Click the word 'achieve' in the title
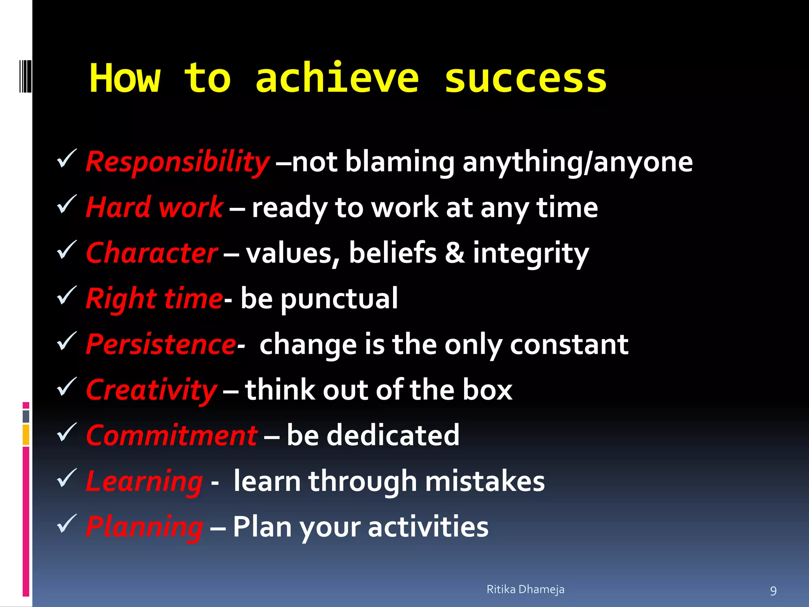(337, 78)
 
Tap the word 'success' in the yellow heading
(525, 79)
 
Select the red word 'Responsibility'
(177, 162)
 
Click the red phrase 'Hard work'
(154, 207)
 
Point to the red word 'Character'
(152, 253)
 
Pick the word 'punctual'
(339, 299)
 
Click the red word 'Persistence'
(161, 344)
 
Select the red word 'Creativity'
(151, 390)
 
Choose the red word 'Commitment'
(171, 435)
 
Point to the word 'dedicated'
(393, 435)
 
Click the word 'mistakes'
(485, 481)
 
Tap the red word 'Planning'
(144, 527)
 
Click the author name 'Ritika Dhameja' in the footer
(525, 589)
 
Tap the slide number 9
(773, 591)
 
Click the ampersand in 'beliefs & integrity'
(455, 253)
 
